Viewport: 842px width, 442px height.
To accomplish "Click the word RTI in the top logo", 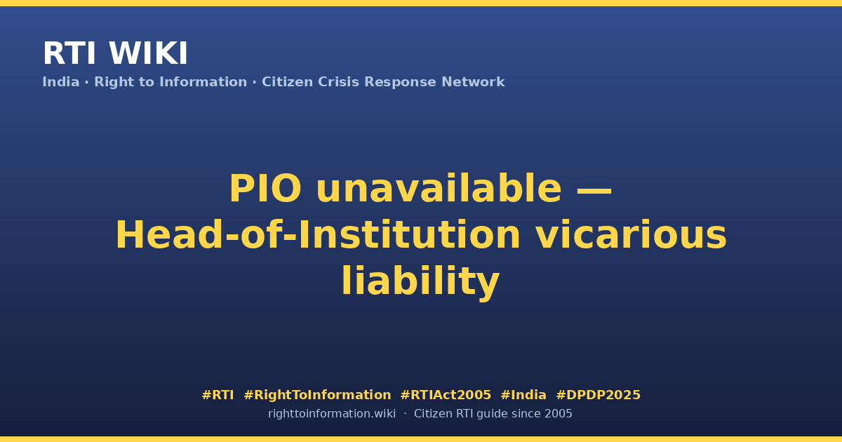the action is coord(69,53).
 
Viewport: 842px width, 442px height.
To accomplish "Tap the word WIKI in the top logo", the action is coord(148,53).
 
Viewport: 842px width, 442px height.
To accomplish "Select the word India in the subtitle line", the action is coord(61,82).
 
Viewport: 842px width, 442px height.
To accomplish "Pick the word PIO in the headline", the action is coord(265,188).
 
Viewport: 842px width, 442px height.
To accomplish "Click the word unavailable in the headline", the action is coord(439,188).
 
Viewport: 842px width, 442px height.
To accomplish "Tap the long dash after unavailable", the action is coord(594,190).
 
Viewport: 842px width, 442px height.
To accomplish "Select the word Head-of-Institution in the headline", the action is coord(318,235).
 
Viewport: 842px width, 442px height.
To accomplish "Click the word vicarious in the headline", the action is coord(631,235).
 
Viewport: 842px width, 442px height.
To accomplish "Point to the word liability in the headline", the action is coord(420,282).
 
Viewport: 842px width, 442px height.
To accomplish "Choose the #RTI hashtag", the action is coord(218,395).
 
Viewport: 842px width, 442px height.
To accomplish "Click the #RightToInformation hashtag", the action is coord(317,395).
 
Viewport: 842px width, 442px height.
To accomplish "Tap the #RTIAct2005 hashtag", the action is coord(446,395).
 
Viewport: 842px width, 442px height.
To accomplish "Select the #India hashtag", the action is coord(523,395).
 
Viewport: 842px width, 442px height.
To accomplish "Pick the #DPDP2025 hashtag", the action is coord(598,395).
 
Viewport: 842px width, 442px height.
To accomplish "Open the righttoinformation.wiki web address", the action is coord(332,414).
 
